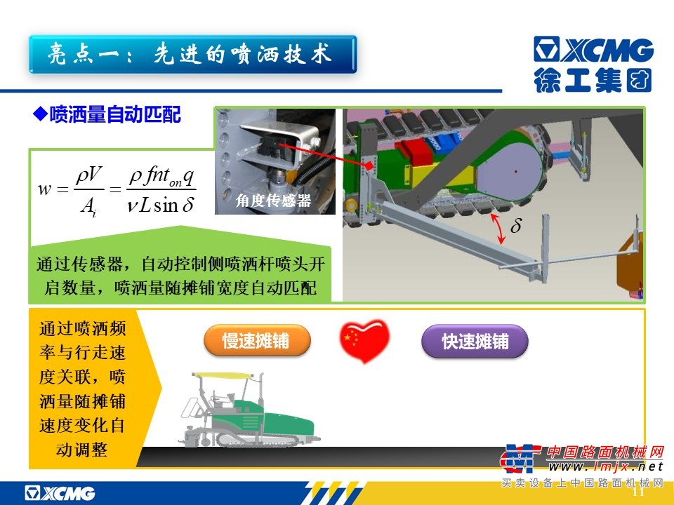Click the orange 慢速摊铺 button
pos(257,341)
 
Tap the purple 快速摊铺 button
pos(475,341)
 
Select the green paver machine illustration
pos(249,410)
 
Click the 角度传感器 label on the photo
pos(273,200)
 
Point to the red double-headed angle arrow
pos(498,229)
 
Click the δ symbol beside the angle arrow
pos(516,225)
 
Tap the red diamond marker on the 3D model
pos(369,166)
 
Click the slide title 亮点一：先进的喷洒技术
pos(190,55)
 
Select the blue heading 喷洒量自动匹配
pos(115,114)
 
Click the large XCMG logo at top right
pos(594,49)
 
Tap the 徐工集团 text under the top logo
pos(593,80)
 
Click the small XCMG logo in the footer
pos(60,493)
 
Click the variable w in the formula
pos(44,189)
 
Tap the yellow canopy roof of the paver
pos(220,376)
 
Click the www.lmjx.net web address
pos(605,466)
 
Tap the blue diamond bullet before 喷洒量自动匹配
pos(41,114)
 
